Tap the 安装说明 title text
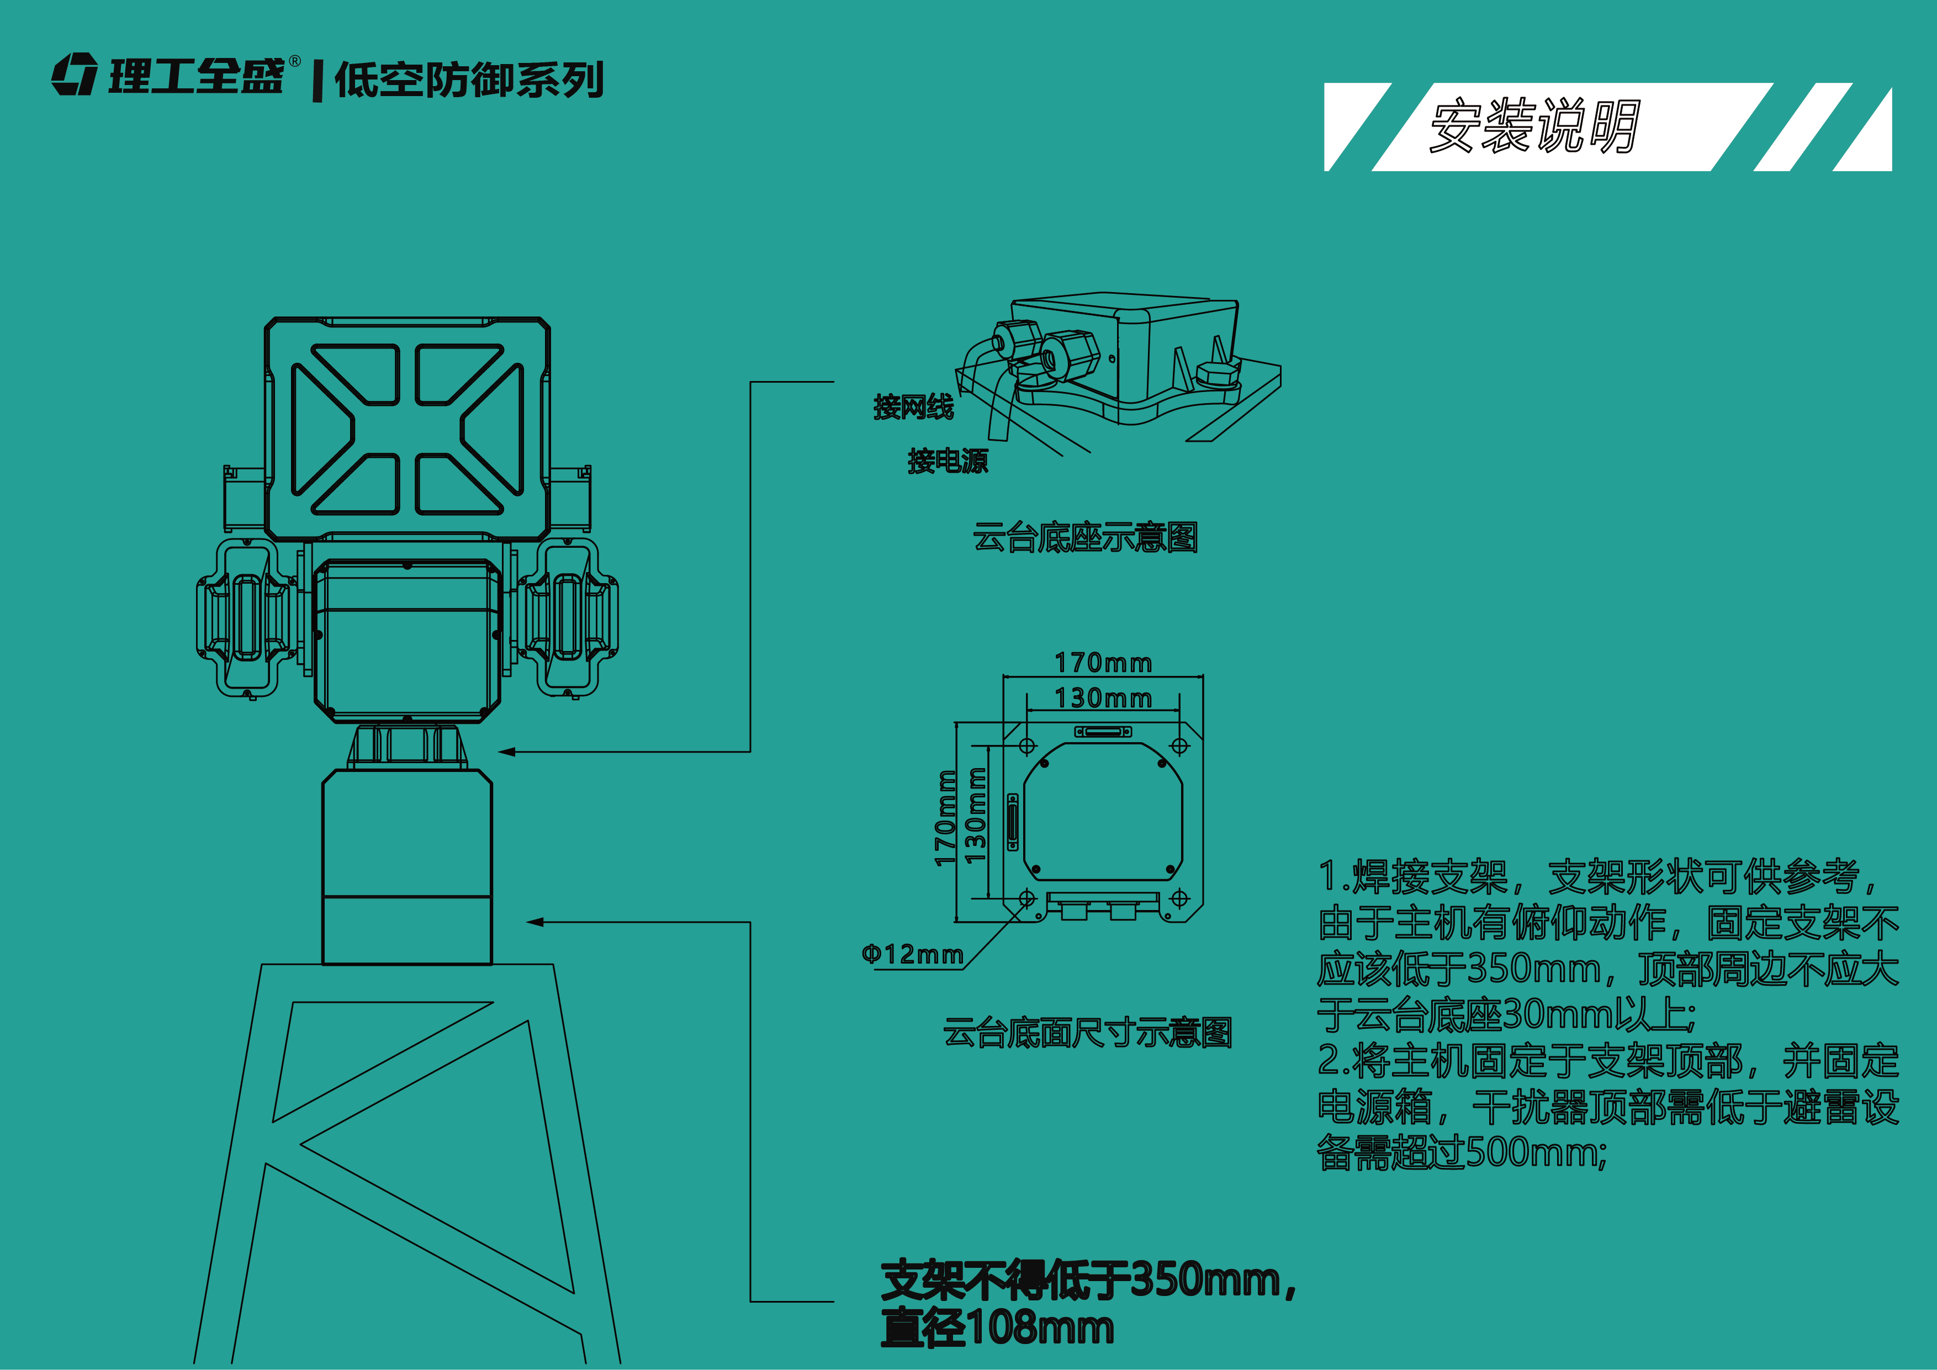pos(1534,126)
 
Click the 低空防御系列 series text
pos(469,80)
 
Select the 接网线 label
pos(914,408)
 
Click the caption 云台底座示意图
pos(1085,537)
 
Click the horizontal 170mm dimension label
pos(1103,663)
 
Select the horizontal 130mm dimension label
pos(1103,699)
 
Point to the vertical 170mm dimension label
pos(946,818)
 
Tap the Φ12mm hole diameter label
pos(912,954)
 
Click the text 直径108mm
pos(997,1328)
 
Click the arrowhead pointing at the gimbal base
pos(506,752)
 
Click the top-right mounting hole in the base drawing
pos(1179,745)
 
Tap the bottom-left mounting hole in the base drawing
pos(1026,897)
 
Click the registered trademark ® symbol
pos(294,61)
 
